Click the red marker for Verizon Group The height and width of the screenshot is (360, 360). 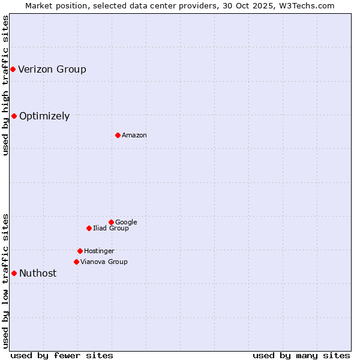click(13, 70)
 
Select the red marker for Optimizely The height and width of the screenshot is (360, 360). click(14, 116)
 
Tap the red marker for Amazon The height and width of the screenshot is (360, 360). click(118, 135)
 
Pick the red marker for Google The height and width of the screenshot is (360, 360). click(111, 222)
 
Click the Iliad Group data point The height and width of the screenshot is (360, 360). click(89, 228)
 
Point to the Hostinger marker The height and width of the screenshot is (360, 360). click(80, 251)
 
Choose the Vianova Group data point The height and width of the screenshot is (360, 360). click(76, 262)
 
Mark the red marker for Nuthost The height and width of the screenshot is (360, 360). click(14, 273)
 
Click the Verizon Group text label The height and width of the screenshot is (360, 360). click(52, 69)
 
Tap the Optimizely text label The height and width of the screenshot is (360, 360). click(44, 116)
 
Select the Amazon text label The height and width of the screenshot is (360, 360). click(134, 135)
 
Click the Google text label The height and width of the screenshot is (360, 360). click(126, 222)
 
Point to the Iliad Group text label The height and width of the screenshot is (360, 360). click(111, 228)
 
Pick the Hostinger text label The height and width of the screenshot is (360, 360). click(99, 251)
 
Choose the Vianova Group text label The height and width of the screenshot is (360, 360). click(104, 262)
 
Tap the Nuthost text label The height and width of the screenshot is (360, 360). click(38, 273)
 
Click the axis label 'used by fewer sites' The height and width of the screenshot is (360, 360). click(62, 355)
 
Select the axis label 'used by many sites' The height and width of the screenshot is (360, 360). click(301, 355)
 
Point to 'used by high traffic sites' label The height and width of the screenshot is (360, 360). click(5, 85)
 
